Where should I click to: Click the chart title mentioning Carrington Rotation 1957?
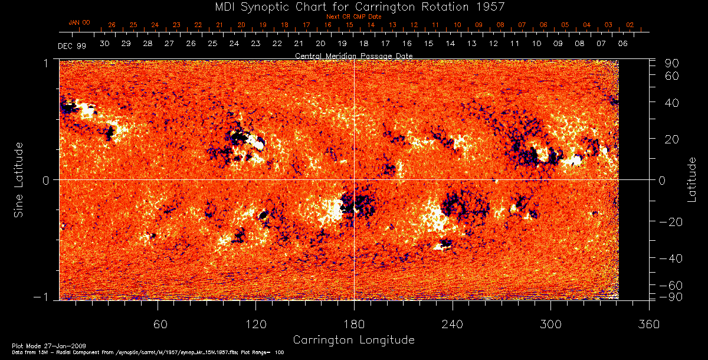tap(353, 7)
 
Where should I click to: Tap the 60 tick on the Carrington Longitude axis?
tap(158, 323)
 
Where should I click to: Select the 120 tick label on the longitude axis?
tap(255, 323)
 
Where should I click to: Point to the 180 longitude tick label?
tap(354, 323)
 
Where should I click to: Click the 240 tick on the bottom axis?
tap(452, 323)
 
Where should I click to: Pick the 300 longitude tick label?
tap(550, 323)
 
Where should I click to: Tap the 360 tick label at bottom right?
tap(649, 323)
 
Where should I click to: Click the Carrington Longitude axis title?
tap(353, 340)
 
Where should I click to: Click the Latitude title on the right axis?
tap(691, 179)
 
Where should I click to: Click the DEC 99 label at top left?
tap(72, 46)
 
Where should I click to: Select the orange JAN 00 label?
tap(79, 22)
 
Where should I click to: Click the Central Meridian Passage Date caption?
tap(353, 56)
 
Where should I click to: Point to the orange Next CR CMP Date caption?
tap(353, 17)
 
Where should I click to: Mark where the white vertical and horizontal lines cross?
tap(354, 179)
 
